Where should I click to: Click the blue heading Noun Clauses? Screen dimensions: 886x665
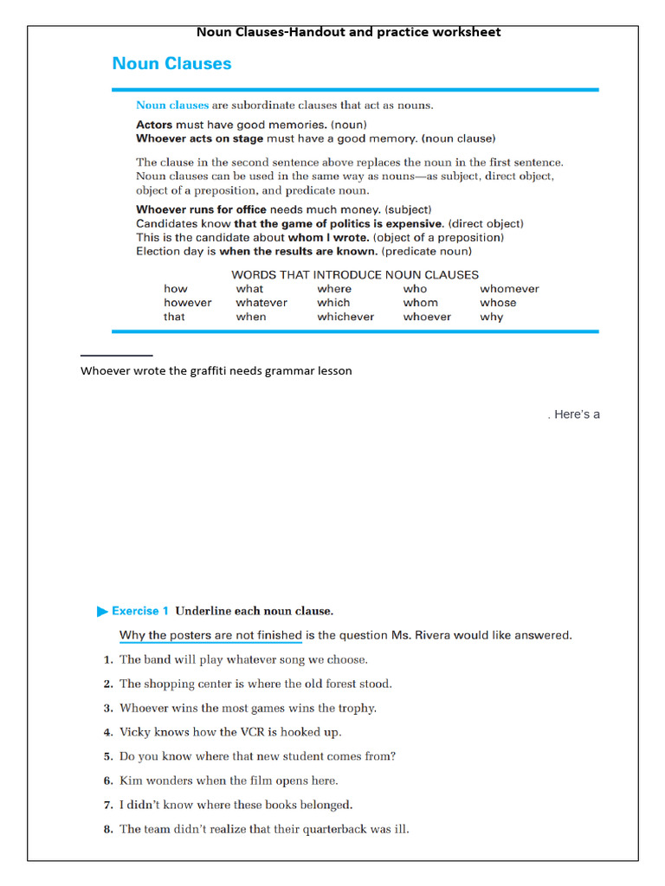[x=171, y=63]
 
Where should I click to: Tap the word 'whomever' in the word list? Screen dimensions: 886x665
[x=509, y=289]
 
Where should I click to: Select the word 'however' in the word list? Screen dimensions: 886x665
[x=187, y=303]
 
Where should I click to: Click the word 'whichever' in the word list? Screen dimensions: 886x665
[x=345, y=317]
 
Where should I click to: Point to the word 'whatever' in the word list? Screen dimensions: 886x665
[x=261, y=303]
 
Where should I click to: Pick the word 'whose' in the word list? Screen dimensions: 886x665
[x=498, y=303]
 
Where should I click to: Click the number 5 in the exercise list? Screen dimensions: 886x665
[x=108, y=757]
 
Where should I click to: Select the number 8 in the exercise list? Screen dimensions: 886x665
[x=108, y=830]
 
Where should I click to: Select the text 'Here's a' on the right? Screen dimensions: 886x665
[x=577, y=414]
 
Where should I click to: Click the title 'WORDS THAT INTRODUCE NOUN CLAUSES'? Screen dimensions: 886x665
[x=355, y=274]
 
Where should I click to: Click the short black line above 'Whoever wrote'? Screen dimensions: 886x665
[x=116, y=356]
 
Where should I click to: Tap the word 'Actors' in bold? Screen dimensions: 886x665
[x=154, y=125]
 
